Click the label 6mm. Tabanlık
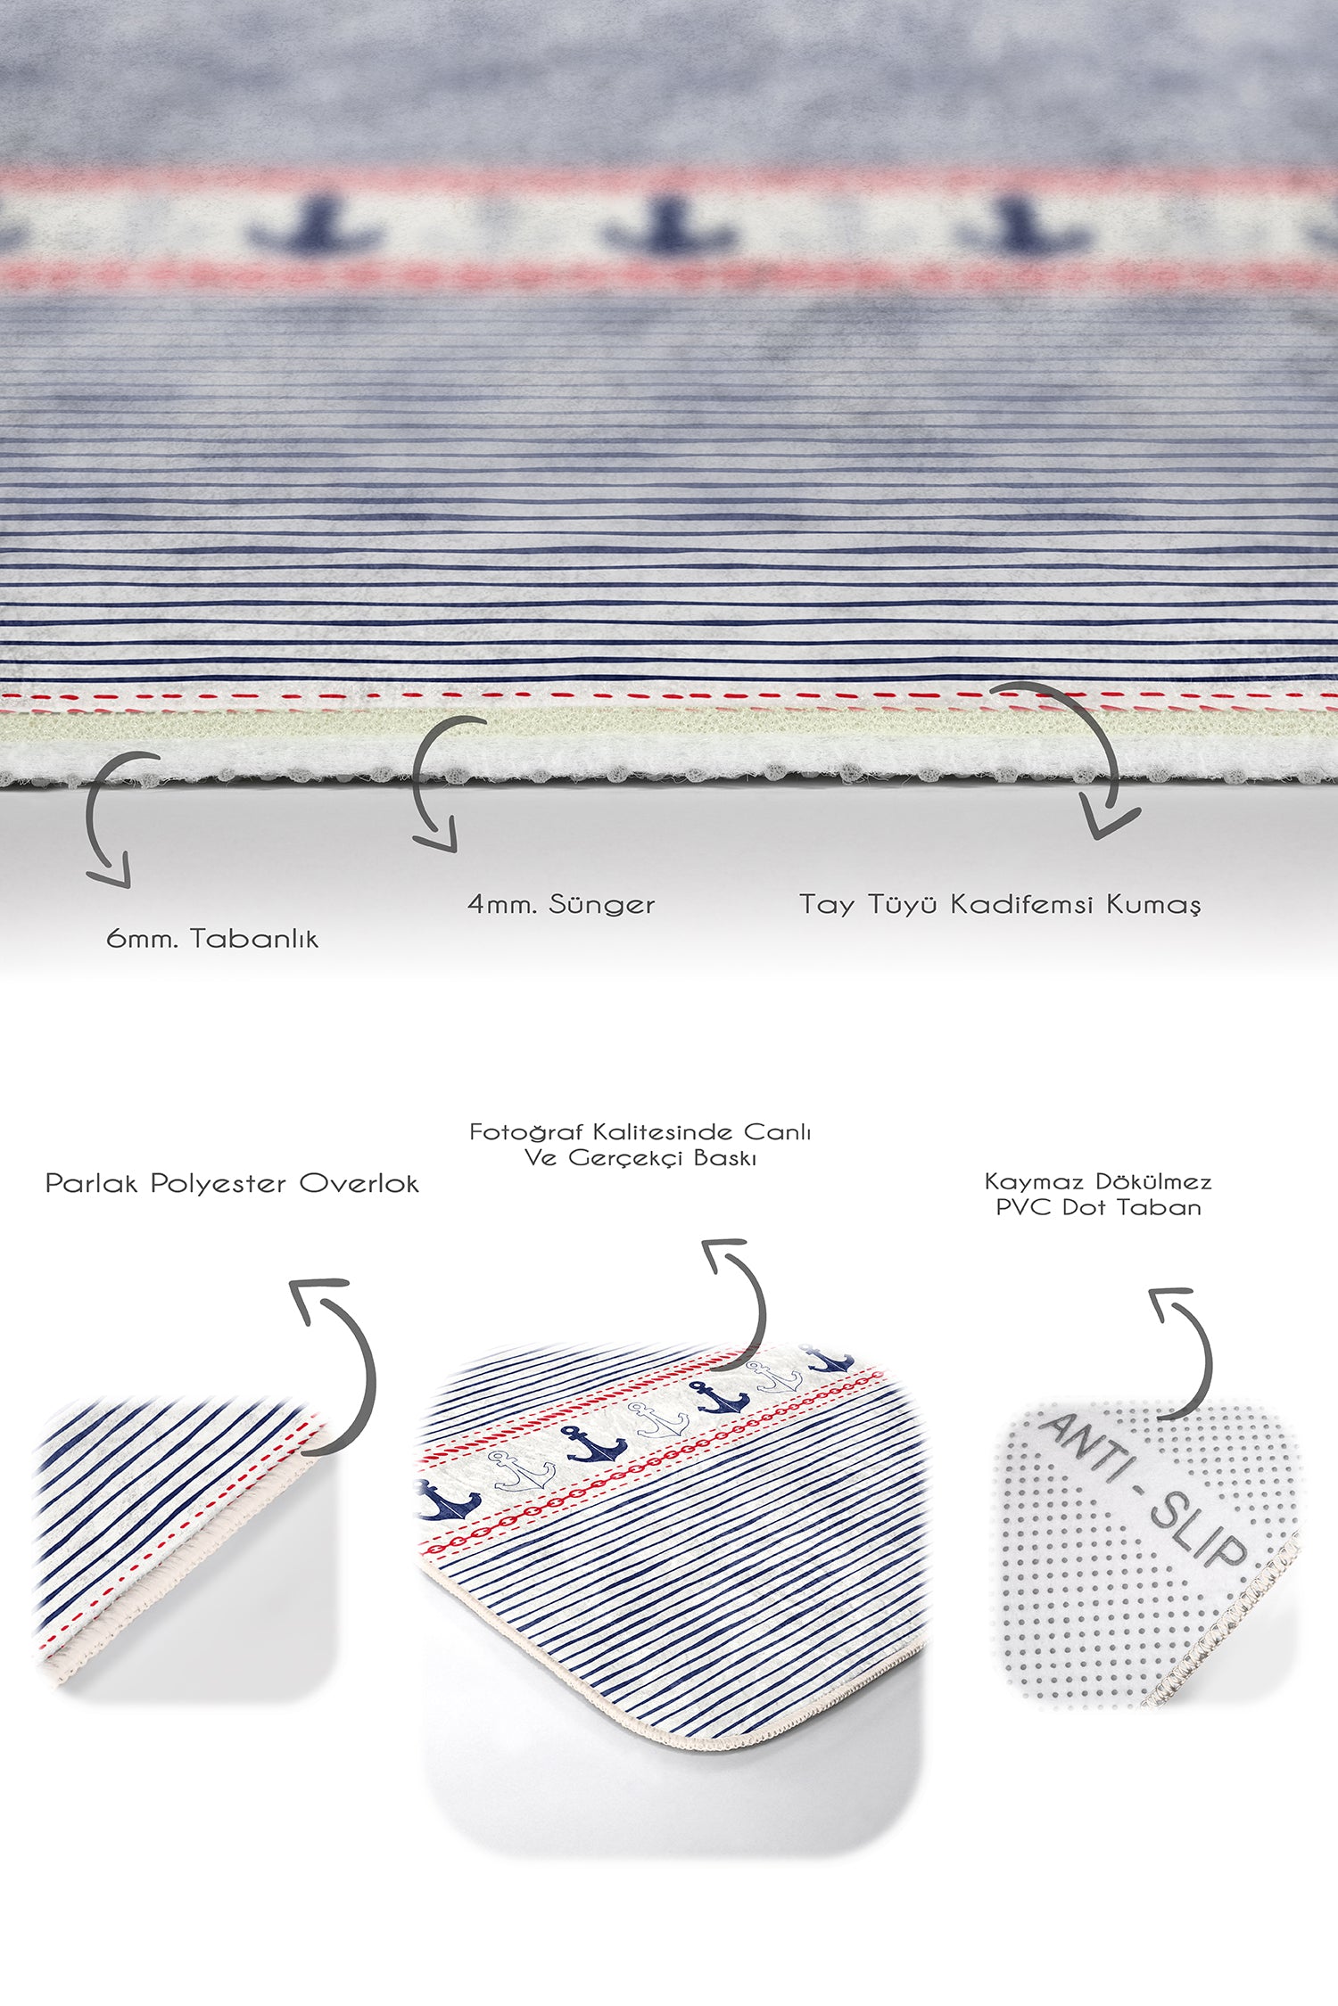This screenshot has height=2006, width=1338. click(x=212, y=938)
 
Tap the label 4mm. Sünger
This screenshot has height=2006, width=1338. click(x=561, y=904)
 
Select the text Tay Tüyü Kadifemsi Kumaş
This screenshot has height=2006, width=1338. click(x=1000, y=904)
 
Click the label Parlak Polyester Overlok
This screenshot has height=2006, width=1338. click(x=232, y=1183)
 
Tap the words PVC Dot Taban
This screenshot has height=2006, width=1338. click(x=1098, y=1207)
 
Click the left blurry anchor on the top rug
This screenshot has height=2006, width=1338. click(x=317, y=227)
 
